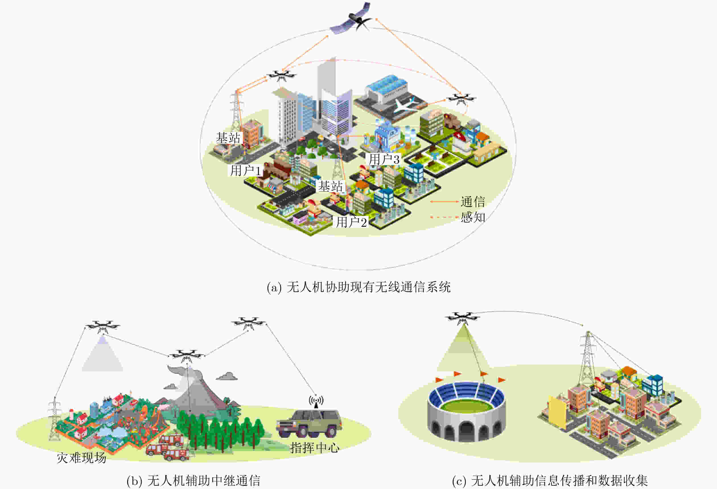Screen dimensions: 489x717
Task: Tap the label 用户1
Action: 246,171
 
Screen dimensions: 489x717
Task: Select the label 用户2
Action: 351,222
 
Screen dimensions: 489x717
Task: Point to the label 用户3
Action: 384,159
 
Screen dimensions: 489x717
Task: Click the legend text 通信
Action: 473,202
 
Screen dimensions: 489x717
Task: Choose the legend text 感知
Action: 473,217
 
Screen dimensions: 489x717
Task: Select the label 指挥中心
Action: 314,448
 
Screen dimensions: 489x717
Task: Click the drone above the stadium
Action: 462,318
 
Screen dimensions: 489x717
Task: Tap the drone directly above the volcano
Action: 187,355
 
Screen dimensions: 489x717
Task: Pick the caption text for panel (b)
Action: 193,481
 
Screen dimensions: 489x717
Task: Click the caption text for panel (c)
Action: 549,481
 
